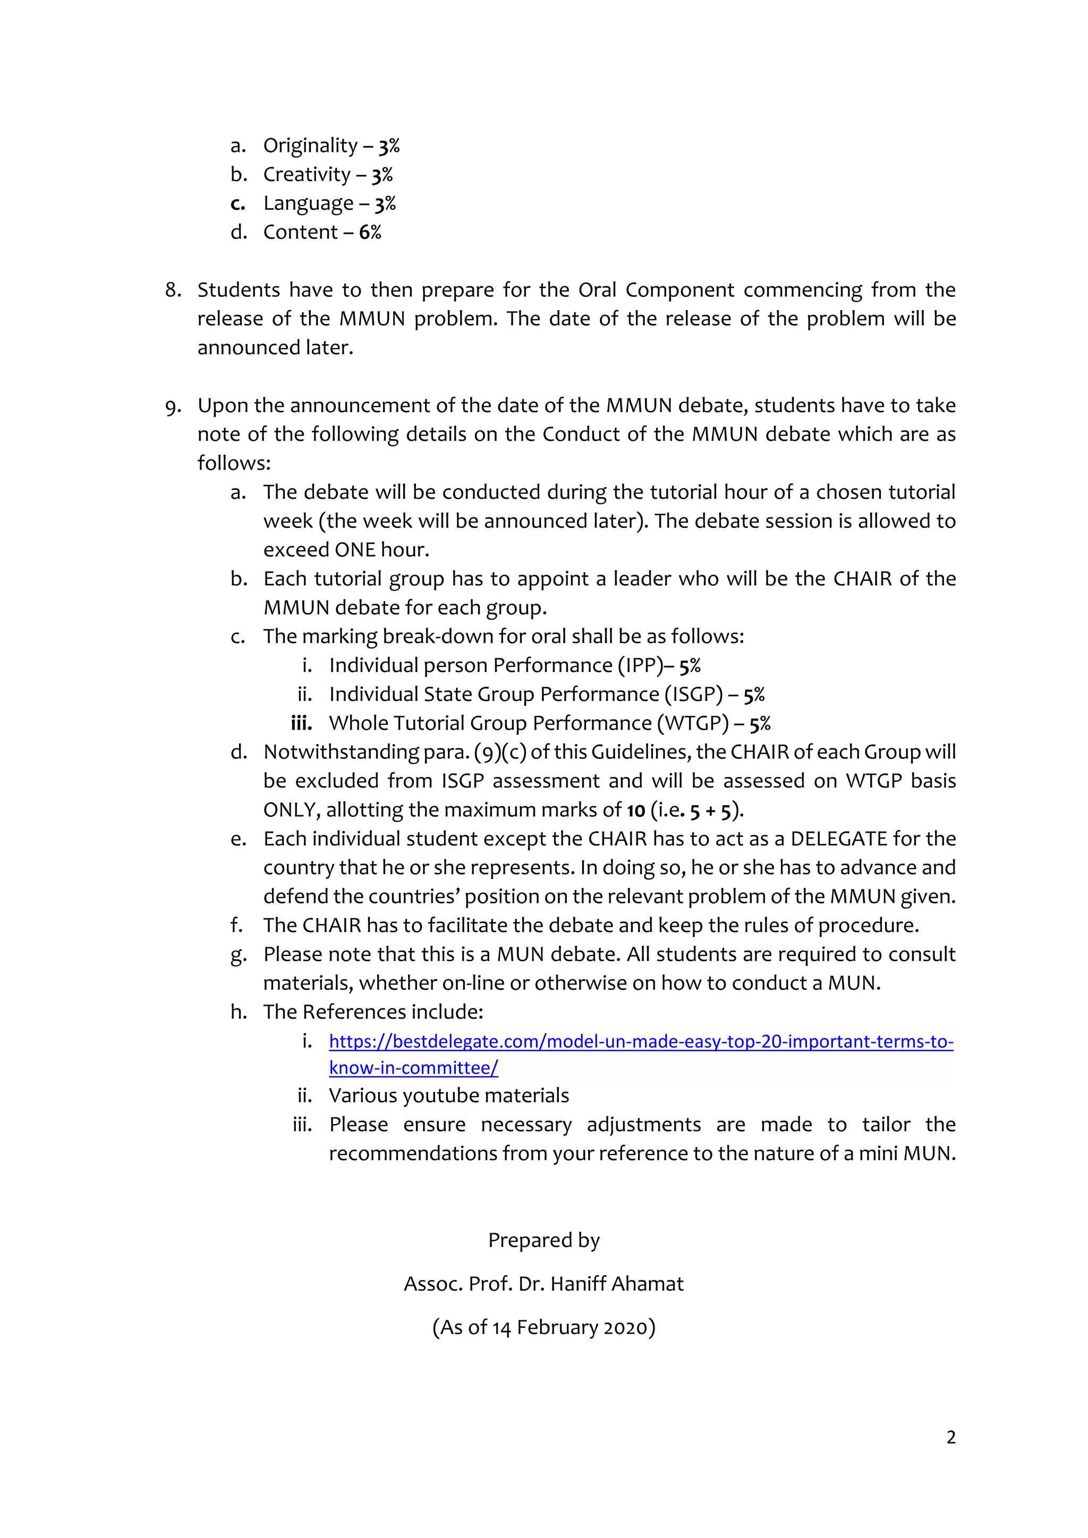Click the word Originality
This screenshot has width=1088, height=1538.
310,146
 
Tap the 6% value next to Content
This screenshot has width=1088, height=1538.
370,233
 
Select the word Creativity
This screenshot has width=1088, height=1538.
307,175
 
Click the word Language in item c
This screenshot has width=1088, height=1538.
308,203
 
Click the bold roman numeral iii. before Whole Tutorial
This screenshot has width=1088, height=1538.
301,723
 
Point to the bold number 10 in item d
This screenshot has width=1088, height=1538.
636,810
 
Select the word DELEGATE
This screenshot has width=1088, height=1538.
839,839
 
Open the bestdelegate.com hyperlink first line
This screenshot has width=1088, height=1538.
641,1041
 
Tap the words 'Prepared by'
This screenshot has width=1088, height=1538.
543,1241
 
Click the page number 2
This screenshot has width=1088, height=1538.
950,1438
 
